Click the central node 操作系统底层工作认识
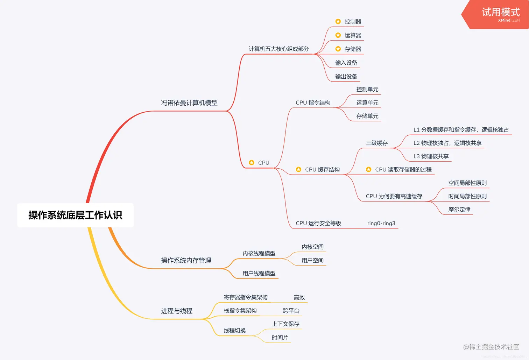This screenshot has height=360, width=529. tap(75, 215)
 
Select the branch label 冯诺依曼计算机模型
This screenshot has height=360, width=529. tap(189, 103)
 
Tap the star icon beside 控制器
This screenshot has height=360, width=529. tap(338, 22)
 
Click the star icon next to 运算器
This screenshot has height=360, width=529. tap(338, 35)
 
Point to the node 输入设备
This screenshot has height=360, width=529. tap(346, 63)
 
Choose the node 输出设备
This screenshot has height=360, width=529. tap(346, 77)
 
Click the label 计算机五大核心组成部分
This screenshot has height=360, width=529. tap(279, 49)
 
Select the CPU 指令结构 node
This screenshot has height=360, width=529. tap(313, 103)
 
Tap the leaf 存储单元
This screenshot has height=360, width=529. tap(367, 116)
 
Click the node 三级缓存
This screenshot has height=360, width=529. tap(377, 143)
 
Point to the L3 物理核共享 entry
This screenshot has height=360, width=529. tap(431, 156)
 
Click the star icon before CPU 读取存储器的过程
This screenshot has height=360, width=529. tap(368, 170)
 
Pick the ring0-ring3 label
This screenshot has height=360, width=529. tap(381, 224)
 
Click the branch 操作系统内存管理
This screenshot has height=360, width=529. tap(186, 261)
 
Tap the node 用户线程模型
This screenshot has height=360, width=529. tap(259, 274)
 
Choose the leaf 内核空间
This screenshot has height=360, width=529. tap(312, 247)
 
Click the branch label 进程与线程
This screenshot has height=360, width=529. tap(177, 311)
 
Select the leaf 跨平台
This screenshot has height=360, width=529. tap(291, 311)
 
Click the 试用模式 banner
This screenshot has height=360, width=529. tap(500, 13)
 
